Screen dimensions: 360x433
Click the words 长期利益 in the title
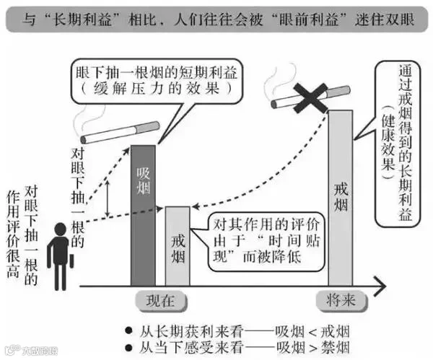tap(91, 17)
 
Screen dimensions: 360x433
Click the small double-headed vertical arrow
tap(108, 195)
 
